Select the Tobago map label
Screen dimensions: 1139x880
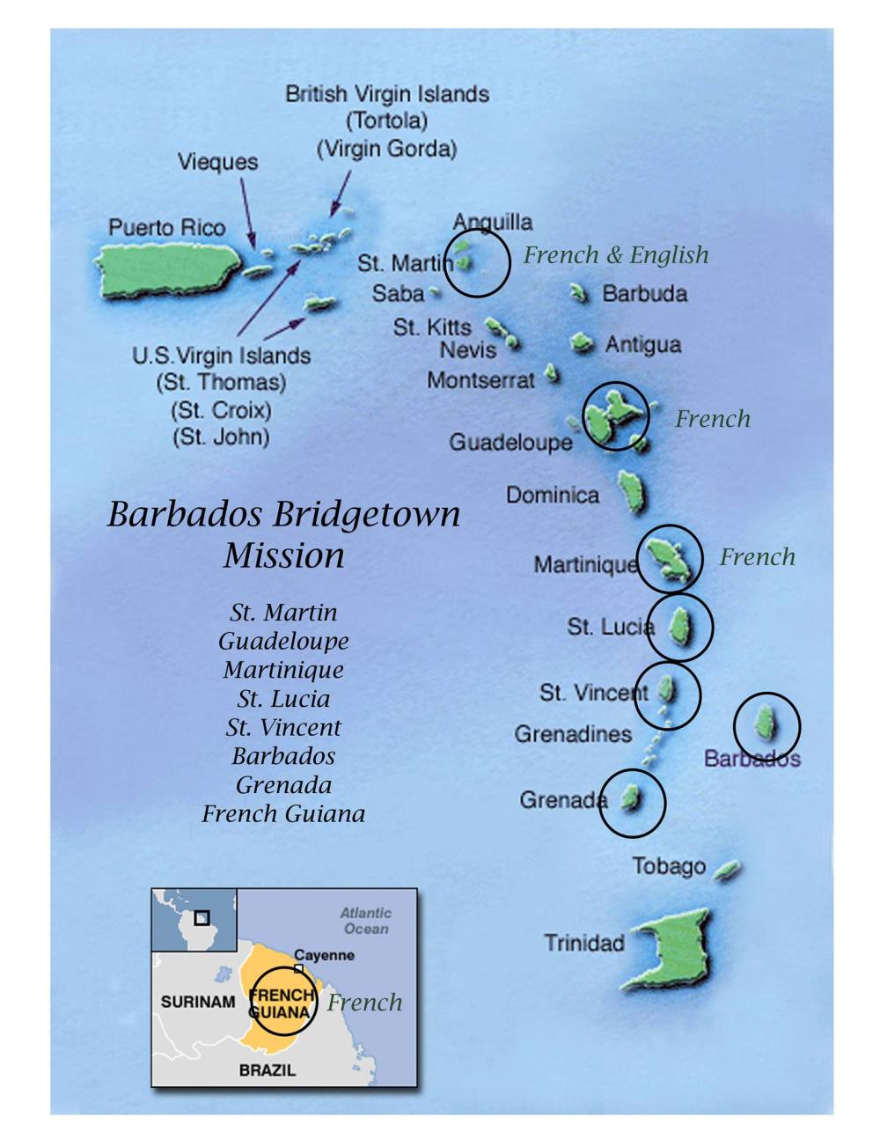669,866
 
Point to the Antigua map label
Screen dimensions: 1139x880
643,344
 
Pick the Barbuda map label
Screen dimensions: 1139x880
644,293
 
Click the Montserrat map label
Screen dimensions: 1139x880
480,380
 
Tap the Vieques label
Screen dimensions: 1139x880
217,162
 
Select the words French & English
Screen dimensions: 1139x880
615,255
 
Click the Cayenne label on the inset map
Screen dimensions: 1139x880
324,955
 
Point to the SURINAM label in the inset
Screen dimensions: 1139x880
198,1002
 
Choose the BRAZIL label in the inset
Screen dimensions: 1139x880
268,1070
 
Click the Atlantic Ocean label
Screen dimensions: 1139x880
366,921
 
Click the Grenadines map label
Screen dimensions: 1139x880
573,733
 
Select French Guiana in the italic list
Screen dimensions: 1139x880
283,813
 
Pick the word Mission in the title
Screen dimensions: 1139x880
283,555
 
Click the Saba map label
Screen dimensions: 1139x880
398,293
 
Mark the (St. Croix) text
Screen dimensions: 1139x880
221,410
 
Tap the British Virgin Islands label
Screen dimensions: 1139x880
387,94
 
